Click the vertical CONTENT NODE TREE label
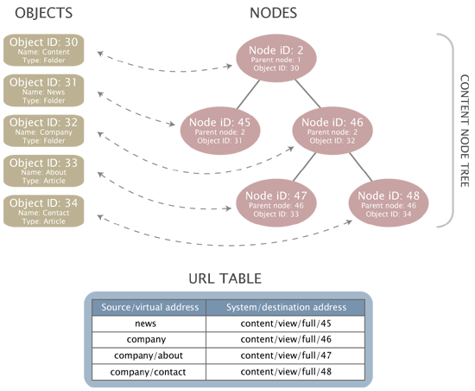coord(465,130)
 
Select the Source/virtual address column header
coord(149,307)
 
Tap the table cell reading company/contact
coord(149,372)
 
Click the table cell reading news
coord(149,324)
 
